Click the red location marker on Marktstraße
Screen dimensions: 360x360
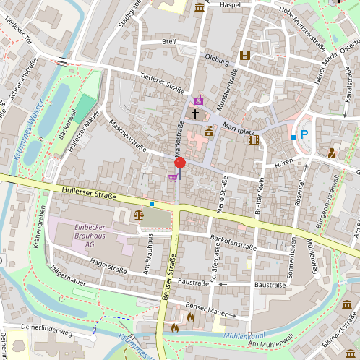(179, 163)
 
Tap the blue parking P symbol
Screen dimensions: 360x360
(304, 134)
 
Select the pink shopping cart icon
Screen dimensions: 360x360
(173, 178)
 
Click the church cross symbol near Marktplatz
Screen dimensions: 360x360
(194, 114)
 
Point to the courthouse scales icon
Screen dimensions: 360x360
(139, 214)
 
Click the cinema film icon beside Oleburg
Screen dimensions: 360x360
(245, 55)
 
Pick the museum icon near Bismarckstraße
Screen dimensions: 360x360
(348, 305)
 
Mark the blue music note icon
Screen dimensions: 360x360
(95, 330)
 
